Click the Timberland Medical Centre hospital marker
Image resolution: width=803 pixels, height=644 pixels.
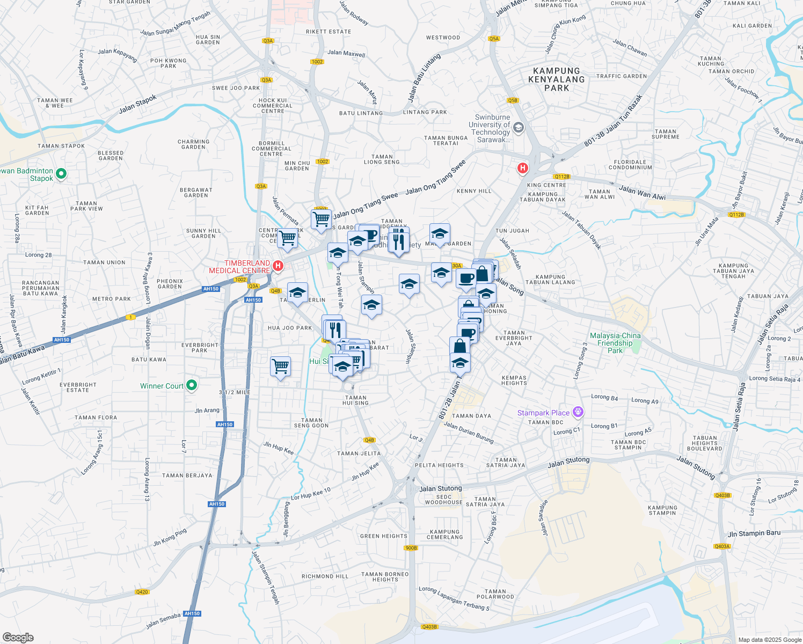pyautogui.click(x=278, y=266)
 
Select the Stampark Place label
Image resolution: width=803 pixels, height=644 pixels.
pyautogui.click(x=543, y=413)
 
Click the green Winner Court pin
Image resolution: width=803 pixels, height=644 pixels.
pyautogui.click(x=192, y=385)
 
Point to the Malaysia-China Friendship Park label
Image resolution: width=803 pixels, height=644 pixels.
pyautogui.click(x=615, y=343)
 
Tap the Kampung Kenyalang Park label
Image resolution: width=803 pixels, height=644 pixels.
pyautogui.click(x=556, y=79)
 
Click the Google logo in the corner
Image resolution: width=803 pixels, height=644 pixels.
pyautogui.click(x=18, y=638)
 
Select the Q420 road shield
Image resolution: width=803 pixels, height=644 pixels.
pyautogui.click(x=142, y=592)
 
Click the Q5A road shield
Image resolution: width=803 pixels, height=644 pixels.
pyautogui.click(x=494, y=39)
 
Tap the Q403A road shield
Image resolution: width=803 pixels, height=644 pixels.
pyautogui.click(x=722, y=546)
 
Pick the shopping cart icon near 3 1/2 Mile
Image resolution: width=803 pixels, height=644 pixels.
pyautogui.click(x=281, y=368)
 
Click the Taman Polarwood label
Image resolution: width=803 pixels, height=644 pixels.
pyautogui.click(x=495, y=594)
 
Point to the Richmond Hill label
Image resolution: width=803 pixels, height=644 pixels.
pyautogui.click(x=325, y=576)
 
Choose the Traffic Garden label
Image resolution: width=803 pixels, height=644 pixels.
pyautogui.click(x=622, y=76)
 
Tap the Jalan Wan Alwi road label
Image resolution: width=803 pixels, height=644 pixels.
pyautogui.click(x=642, y=193)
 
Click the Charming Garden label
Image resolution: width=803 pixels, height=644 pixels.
pyautogui.click(x=193, y=144)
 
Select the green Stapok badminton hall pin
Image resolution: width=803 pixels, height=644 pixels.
pyautogui.click(x=61, y=173)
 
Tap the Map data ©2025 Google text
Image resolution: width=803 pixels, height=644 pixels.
pyautogui.click(x=769, y=640)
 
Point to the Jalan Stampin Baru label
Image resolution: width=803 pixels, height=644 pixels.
pyautogui.click(x=754, y=533)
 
